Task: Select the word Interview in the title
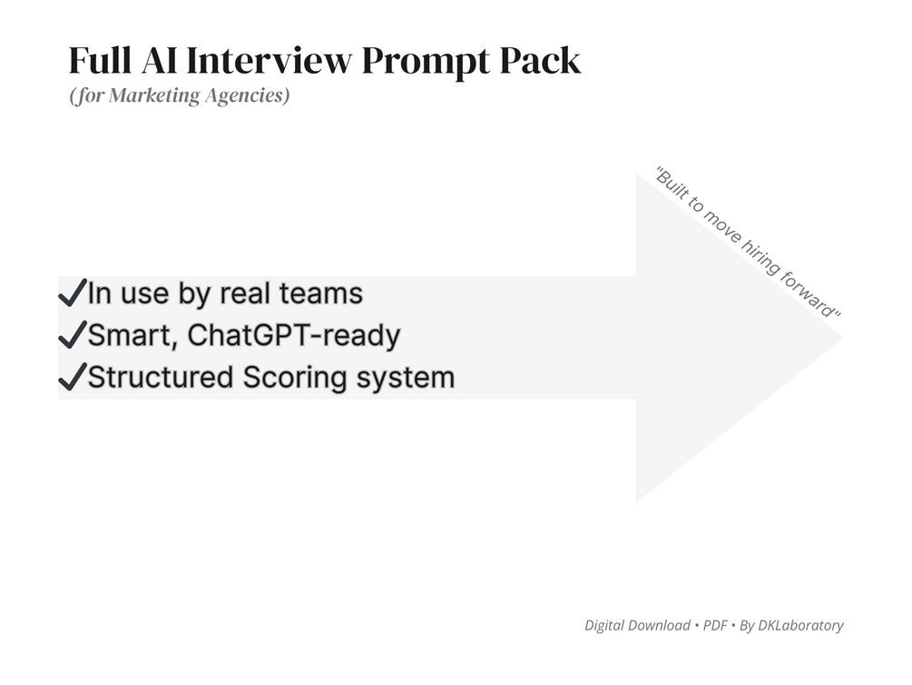click(271, 62)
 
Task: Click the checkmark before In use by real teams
click(71, 294)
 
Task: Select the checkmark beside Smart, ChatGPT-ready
click(71, 336)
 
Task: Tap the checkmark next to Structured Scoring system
click(71, 377)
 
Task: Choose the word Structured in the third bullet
click(160, 377)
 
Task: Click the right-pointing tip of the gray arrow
click(840, 338)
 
